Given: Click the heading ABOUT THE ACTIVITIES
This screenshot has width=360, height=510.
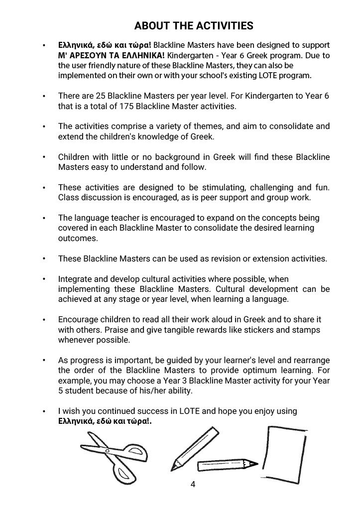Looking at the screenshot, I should [x=194, y=26].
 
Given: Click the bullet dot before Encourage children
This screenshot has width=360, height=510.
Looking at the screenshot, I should [x=44, y=320].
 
